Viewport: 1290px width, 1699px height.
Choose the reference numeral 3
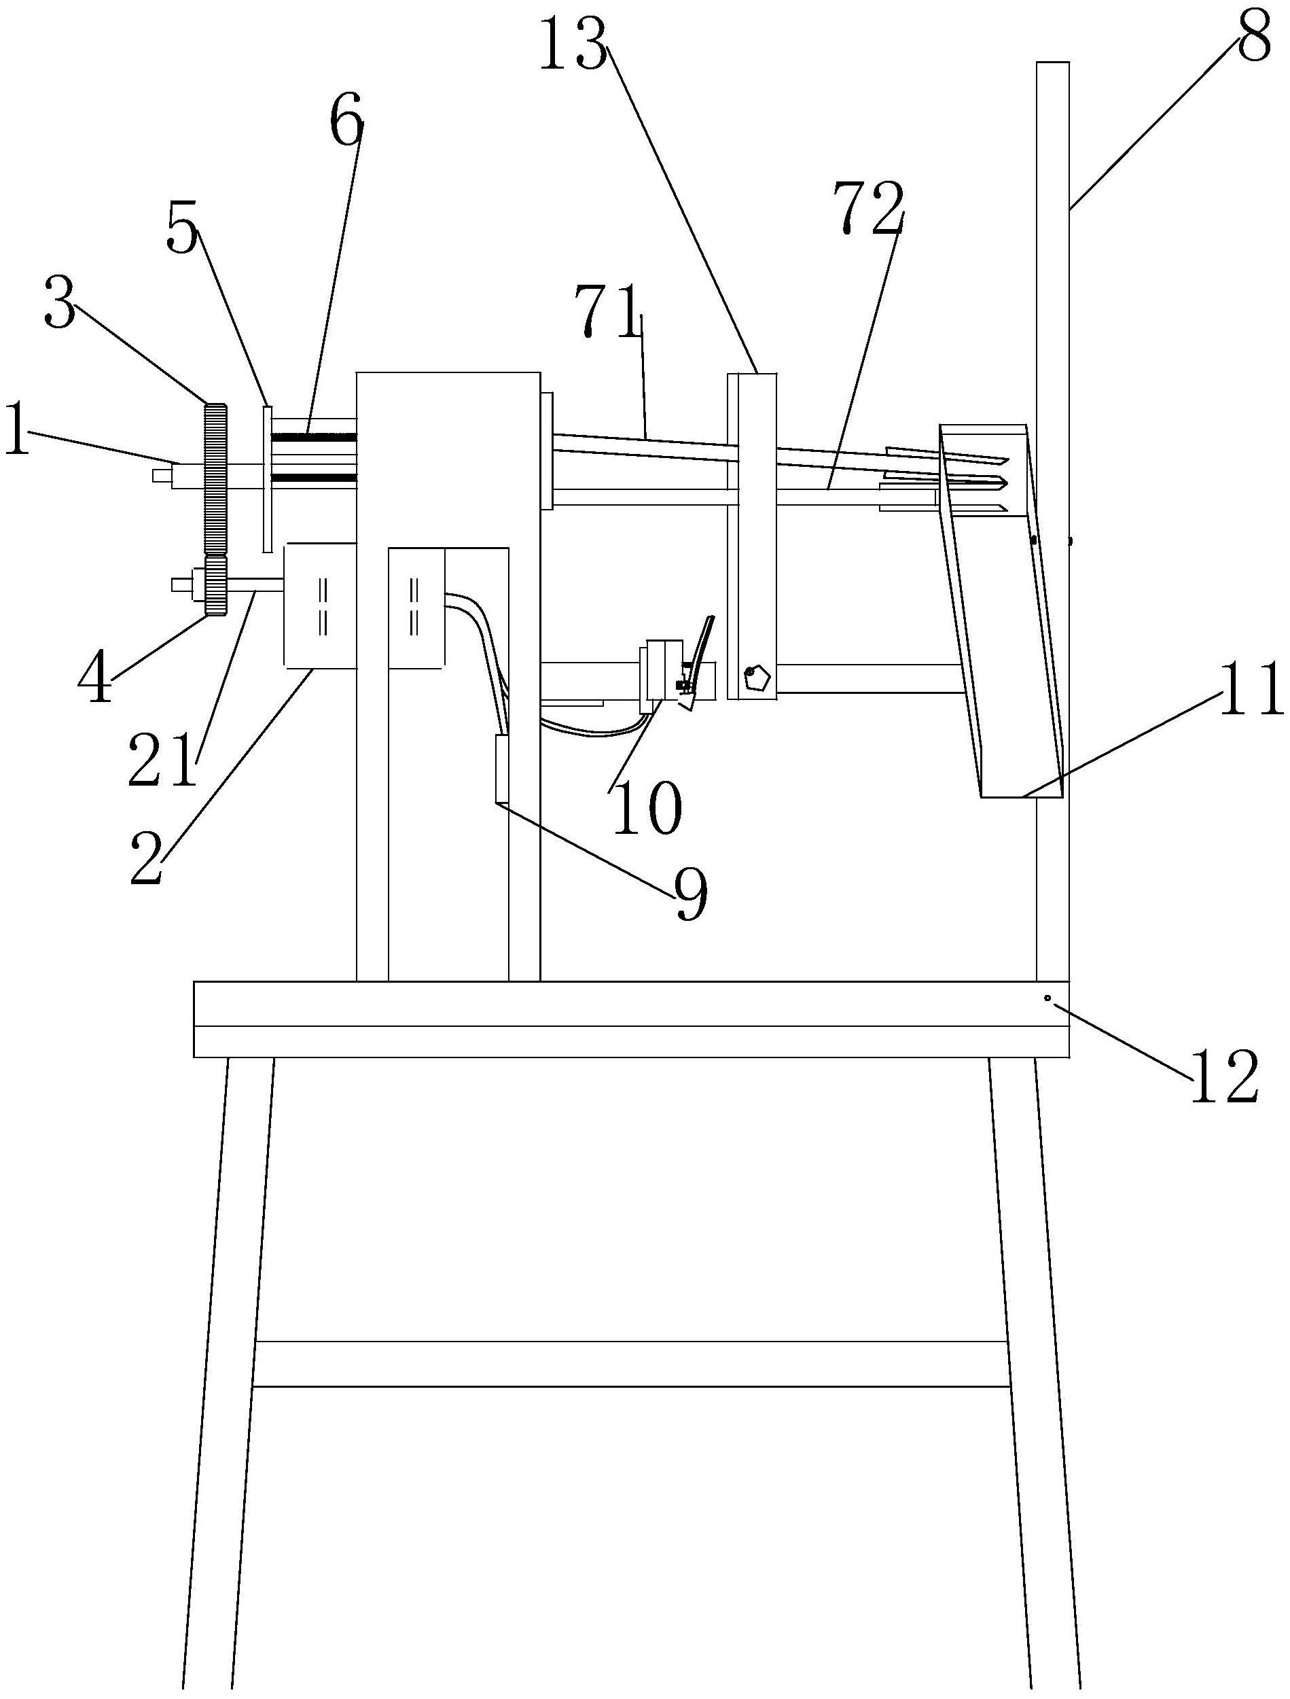click(59, 301)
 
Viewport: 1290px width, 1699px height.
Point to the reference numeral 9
click(690, 895)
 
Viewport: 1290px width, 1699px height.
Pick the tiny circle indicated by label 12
click(1047, 998)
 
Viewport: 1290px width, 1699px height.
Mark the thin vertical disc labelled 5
click(266, 478)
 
